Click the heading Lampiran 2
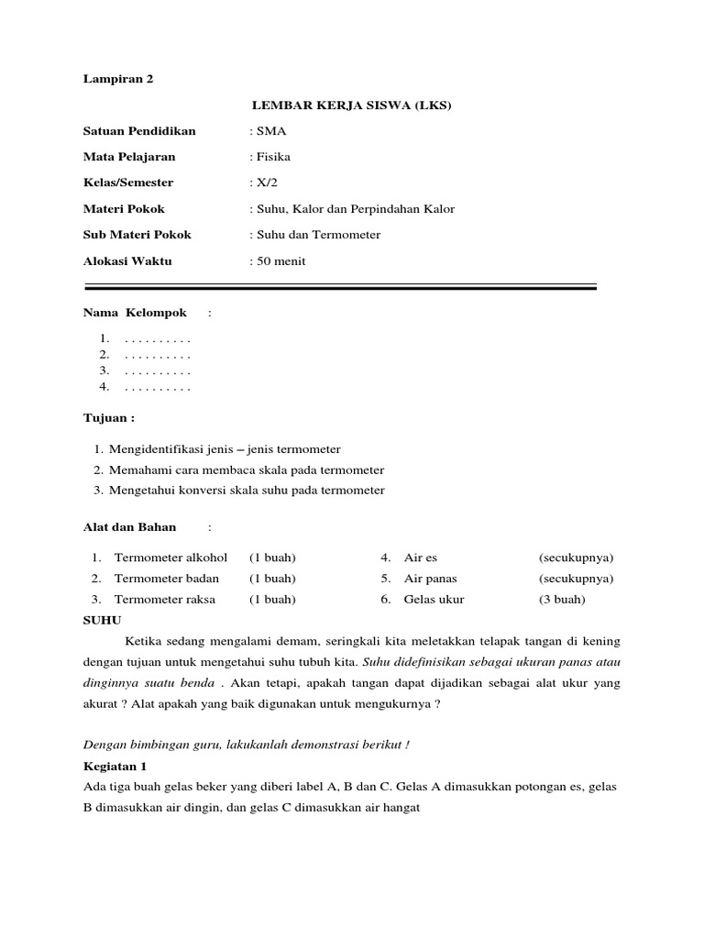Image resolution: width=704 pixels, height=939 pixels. [118, 79]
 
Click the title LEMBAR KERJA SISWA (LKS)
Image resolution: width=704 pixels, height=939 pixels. [352, 105]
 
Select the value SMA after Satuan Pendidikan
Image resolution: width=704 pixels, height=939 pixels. [270, 131]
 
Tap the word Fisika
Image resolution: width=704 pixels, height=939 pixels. [273, 157]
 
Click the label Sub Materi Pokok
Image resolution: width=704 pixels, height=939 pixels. [137, 235]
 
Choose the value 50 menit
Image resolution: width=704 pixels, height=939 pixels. [280, 261]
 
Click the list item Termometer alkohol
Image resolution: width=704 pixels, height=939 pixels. [170, 558]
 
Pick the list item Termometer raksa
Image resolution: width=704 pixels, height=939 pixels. [165, 600]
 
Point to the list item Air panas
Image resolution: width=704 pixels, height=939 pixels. [430, 579]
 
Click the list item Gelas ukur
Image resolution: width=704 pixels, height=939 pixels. [434, 600]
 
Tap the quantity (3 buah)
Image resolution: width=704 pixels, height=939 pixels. [562, 600]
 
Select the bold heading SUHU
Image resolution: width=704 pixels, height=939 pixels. [102, 621]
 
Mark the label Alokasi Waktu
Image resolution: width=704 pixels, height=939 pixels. [127, 261]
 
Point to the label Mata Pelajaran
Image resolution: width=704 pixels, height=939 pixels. [129, 157]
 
